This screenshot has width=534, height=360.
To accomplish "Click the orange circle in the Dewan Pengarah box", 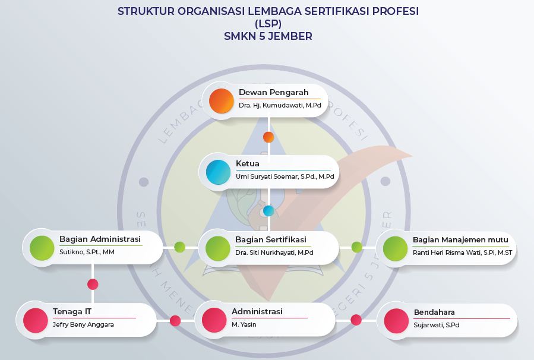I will point(221,100).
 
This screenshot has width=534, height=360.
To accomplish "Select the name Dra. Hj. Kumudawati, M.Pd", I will point(280,105).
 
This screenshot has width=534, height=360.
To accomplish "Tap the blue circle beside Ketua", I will point(218,172).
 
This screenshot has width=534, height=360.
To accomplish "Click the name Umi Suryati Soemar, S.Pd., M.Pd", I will point(285,176).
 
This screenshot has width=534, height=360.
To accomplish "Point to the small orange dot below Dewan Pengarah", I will point(268,137).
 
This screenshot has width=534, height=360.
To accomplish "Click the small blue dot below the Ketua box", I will point(268,210).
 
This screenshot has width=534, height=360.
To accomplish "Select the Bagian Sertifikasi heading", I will point(270,239).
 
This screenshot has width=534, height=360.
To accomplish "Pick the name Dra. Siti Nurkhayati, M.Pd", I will point(274,252).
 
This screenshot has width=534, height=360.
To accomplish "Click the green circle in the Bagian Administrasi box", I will point(42,248).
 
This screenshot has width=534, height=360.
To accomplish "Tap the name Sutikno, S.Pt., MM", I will point(87,252).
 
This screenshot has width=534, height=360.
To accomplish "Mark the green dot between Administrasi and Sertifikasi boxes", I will point(180,247).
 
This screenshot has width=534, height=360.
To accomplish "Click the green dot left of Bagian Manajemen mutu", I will point(356,247).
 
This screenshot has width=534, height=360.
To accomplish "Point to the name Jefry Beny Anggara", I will point(83,324).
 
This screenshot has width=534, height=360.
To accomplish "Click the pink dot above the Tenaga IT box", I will point(93,284).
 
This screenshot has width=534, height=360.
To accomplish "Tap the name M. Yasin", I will point(244,324).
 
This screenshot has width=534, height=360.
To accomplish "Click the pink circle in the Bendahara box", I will point(396,320).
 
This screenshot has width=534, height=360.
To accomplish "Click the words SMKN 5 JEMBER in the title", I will point(268,36).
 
